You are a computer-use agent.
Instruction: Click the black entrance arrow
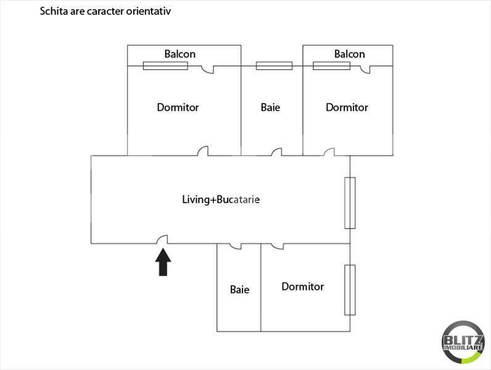163,262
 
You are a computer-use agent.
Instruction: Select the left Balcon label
179,54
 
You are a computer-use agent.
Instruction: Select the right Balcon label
349,54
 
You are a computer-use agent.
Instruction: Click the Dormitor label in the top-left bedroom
178,107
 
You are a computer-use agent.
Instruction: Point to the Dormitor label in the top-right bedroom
347,107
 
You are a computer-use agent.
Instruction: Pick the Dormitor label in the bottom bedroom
302,287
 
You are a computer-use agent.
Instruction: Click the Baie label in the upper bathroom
270,107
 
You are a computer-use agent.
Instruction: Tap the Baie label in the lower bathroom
239,289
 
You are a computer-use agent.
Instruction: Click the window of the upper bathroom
274,65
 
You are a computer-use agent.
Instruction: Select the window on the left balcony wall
165,65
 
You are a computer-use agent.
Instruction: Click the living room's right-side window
350,203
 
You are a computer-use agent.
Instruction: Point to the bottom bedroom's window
350,289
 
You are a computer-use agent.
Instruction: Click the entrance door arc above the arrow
162,240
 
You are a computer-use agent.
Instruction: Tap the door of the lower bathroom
235,246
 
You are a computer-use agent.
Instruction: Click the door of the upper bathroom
276,151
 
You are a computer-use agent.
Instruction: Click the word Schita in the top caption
52,11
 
